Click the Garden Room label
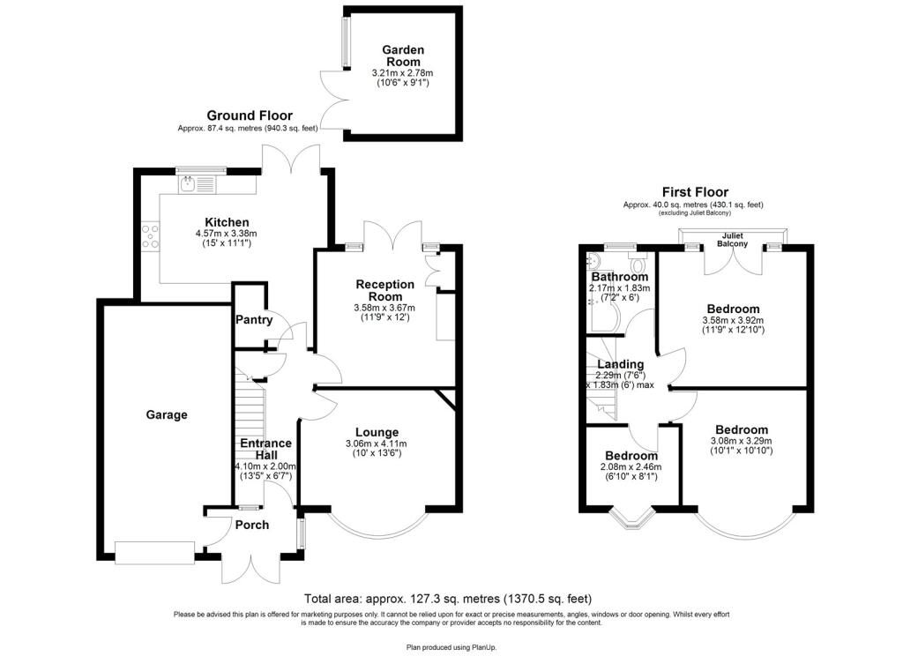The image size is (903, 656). pos(403,56)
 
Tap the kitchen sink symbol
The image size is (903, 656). pos(197,184)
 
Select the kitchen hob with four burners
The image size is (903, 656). pos(151,236)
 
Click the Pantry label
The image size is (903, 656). pos(254,319)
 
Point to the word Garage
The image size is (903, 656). pos(167,414)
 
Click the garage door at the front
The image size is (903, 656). pos(154,554)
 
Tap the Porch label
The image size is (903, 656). pos(252,525)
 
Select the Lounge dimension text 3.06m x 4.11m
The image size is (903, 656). pos(376,444)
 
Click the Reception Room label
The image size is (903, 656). pos(384,290)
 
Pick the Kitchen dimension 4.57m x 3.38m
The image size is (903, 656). pos(227,234)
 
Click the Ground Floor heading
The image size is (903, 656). pos(250,116)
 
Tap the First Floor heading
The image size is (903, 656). pos(695,192)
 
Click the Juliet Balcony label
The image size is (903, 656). pos(732,240)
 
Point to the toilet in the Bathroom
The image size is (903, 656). pos(638,265)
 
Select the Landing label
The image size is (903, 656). pos(620,364)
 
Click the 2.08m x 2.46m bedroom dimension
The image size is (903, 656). pos(631,467)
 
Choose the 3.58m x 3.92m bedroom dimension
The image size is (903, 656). pos(733,321)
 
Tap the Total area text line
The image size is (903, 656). pos(447,599)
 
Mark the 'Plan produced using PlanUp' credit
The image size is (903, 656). pos(451,647)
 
